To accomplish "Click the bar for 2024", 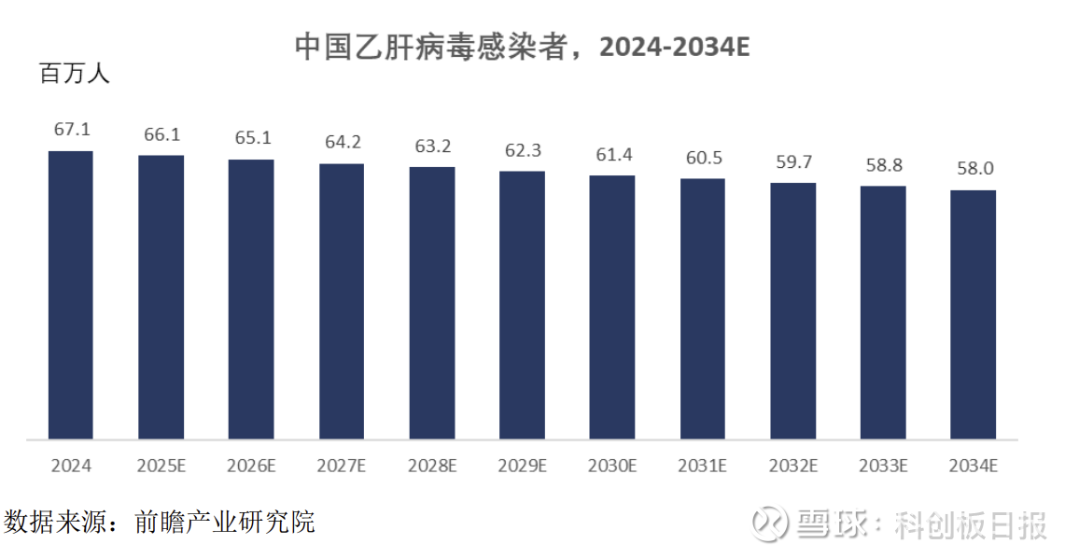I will pos(71,295).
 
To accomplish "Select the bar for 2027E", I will pos(342,301).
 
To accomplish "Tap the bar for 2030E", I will pos(612,307).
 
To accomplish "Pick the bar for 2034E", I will pos(973,314).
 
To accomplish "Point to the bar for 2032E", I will pos(792,311).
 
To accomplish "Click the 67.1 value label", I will pos(72,130).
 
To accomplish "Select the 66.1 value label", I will pos(161,134).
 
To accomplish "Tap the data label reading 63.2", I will pos(432,146).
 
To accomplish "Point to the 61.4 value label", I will pos(613,154).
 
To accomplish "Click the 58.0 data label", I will pos(973,169).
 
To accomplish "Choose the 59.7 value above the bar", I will pos(793,161).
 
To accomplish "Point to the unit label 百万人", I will pos(75,74).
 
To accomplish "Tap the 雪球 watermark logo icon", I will pos(771,523).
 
